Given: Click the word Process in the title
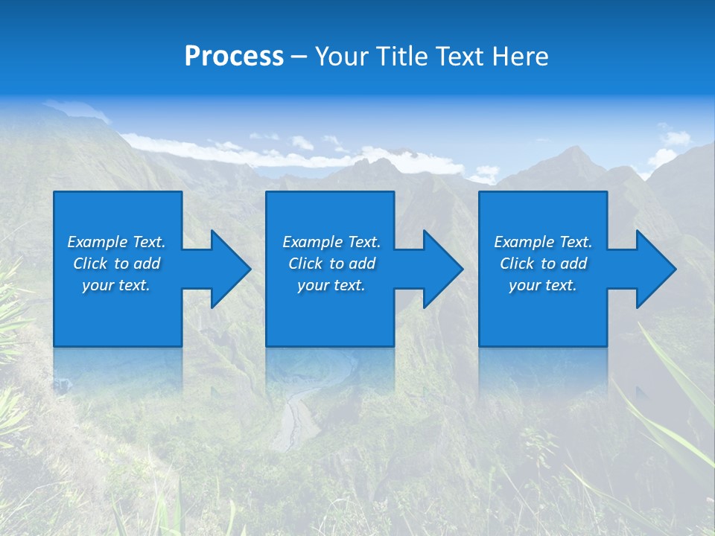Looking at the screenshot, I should (x=234, y=57).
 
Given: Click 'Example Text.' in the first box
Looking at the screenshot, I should (x=116, y=242).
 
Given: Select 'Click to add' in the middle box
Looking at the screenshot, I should (x=331, y=264).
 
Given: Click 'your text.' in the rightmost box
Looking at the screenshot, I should (x=543, y=285).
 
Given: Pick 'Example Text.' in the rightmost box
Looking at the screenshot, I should (x=543, y=242).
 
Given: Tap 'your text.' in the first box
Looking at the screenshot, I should (x=116, y=285).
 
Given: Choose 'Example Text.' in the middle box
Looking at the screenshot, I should (x=331, y=242).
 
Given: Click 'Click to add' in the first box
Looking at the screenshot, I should (x=116, y=264).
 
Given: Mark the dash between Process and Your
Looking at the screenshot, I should (x=299, y=57).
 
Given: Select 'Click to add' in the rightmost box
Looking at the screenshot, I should (x=543, y=264).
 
